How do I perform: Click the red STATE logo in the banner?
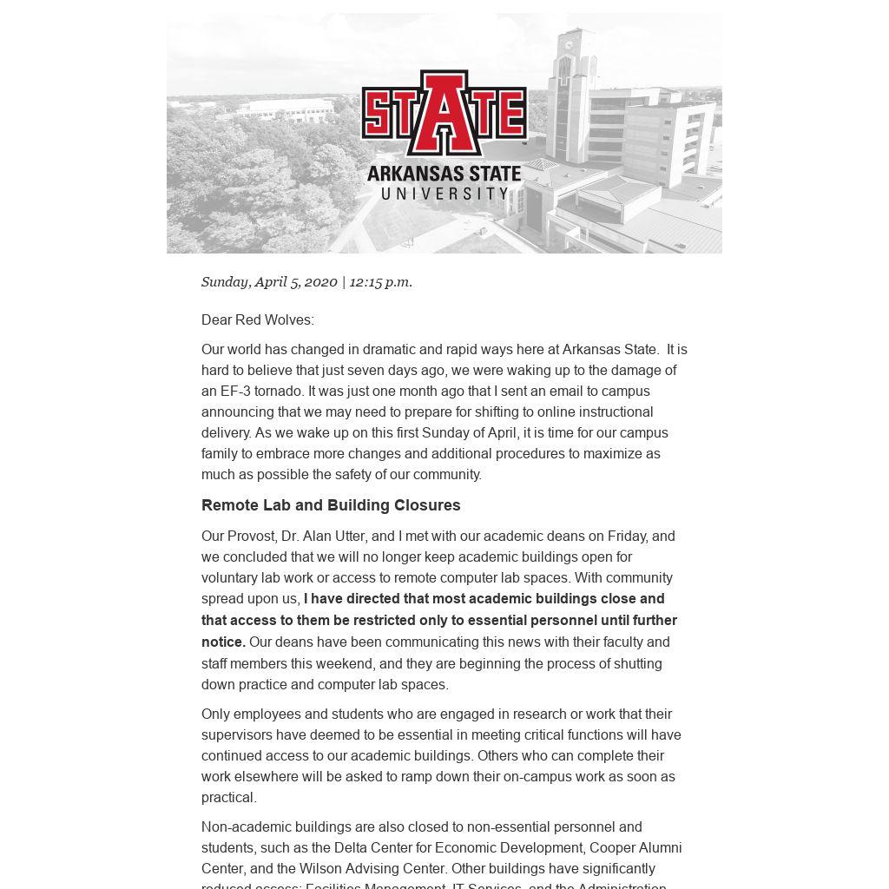pos(444,113)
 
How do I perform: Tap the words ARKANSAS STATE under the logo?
pos(444,174)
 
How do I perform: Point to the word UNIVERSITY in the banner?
pos(444,194)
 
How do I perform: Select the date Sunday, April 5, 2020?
pos(269,282)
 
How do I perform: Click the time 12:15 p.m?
pos(380,282)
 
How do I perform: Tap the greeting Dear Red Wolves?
pos(257,320)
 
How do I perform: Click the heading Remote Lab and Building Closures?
pos(331,505)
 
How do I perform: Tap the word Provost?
pos(251,537)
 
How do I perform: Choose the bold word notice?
pos(223,642)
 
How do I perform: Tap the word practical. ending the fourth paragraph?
pos(228,798)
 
